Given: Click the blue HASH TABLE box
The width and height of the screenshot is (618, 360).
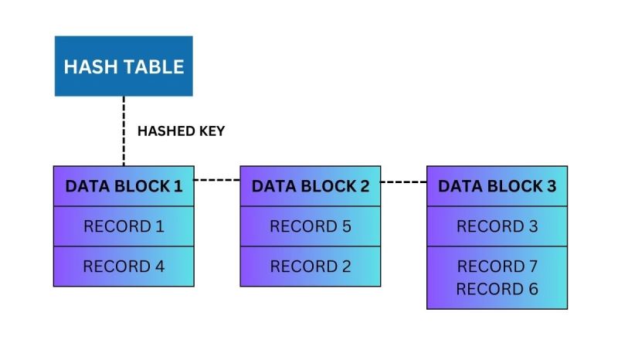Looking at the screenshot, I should click(x=124, y=66).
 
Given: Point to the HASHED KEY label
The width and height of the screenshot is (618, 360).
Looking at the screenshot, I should click(x=181, y=131).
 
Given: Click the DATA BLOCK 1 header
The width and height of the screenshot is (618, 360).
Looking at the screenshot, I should click(x=124, y=186).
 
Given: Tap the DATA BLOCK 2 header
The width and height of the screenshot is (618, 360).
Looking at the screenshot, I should click(x=311, y=186).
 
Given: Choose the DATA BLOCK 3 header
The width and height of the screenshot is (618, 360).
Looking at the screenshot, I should click(x=497, y=186).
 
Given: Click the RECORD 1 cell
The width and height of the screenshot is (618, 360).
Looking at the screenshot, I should click(x=124, y=226).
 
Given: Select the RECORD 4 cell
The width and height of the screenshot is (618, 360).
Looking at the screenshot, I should click(x=124, y=267).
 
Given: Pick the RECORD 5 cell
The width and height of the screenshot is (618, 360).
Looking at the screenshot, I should click(x=311, y=226).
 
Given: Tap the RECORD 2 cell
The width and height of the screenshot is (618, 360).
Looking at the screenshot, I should click(x=311, y=267).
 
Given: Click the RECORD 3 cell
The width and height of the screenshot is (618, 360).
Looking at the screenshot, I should click(x=497, y=226).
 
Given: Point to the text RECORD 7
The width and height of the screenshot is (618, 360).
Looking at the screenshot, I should click(x=497, y=267).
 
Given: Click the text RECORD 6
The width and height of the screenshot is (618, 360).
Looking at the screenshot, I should click(x=497, y=289).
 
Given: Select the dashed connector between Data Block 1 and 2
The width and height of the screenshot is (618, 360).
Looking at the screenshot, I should click(x=216, y=180).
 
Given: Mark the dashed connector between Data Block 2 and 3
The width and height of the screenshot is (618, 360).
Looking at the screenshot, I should click(x=403, y=183).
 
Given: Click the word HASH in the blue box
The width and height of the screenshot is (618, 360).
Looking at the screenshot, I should click(x=88, y=66).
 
